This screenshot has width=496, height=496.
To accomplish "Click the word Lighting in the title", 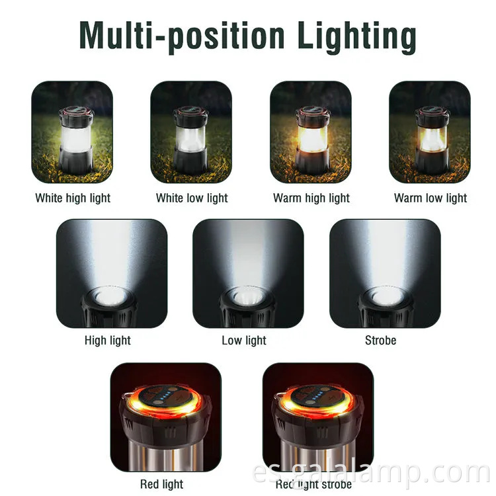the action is (x=357, y=37).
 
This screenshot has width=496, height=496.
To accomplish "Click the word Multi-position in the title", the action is (x=182, y=36).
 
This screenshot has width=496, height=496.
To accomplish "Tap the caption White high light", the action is (x=73, y=198).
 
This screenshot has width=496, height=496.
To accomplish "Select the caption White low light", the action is (x=192, y=198).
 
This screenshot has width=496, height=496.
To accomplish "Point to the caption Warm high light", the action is (x=311, y=198).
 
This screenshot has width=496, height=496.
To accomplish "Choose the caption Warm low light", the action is (x=431, y=198).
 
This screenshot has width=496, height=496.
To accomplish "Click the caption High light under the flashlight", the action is (x=108, y=341).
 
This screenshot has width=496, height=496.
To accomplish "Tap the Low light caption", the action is (x=244, y=341).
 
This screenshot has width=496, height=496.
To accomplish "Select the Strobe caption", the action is (x=380, y=341).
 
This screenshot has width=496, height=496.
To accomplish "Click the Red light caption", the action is (x=161, y=484).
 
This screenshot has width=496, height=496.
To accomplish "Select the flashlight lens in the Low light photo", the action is (x=248, y=298).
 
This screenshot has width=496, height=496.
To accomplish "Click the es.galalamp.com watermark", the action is (x=372, y=474).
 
